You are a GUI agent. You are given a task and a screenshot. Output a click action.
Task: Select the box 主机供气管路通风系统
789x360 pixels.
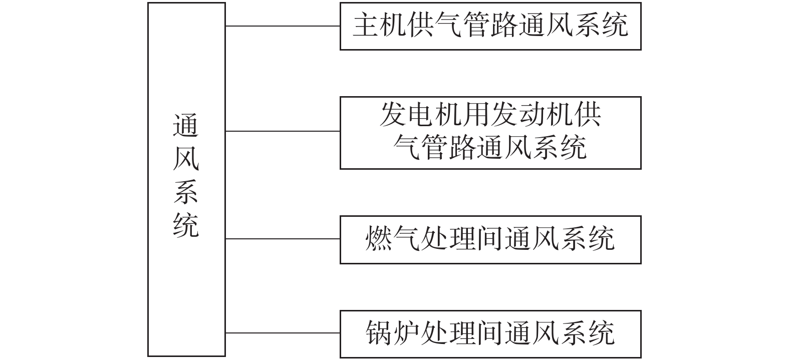pos(490,26)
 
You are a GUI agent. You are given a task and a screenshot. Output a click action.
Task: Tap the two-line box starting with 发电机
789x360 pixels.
pos(490,133)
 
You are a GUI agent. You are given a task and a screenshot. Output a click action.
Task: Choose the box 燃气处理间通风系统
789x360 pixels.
pos(490,239)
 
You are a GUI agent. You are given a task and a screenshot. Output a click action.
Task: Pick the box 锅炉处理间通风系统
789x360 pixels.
pos(490,333)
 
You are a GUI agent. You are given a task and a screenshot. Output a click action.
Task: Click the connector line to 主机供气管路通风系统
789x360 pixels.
pos(283,26)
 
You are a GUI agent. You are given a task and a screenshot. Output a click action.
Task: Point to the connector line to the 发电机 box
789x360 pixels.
pos(283,131)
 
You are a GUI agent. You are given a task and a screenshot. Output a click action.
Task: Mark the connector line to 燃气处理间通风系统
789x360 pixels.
pos(283,239)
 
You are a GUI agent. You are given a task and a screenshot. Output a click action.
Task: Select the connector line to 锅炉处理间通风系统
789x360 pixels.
pos(283,333)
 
